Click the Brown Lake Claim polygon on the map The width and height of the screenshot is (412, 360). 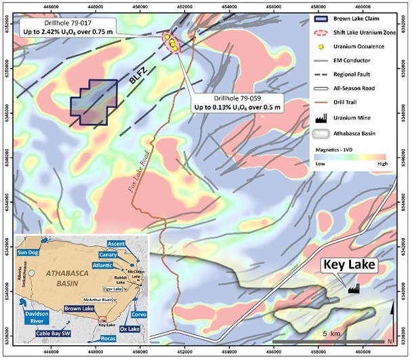(x=94, y=102)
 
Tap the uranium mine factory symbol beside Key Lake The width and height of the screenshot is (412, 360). (x=354, y=289)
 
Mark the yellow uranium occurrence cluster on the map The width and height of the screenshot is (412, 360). (x=171, y=43)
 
